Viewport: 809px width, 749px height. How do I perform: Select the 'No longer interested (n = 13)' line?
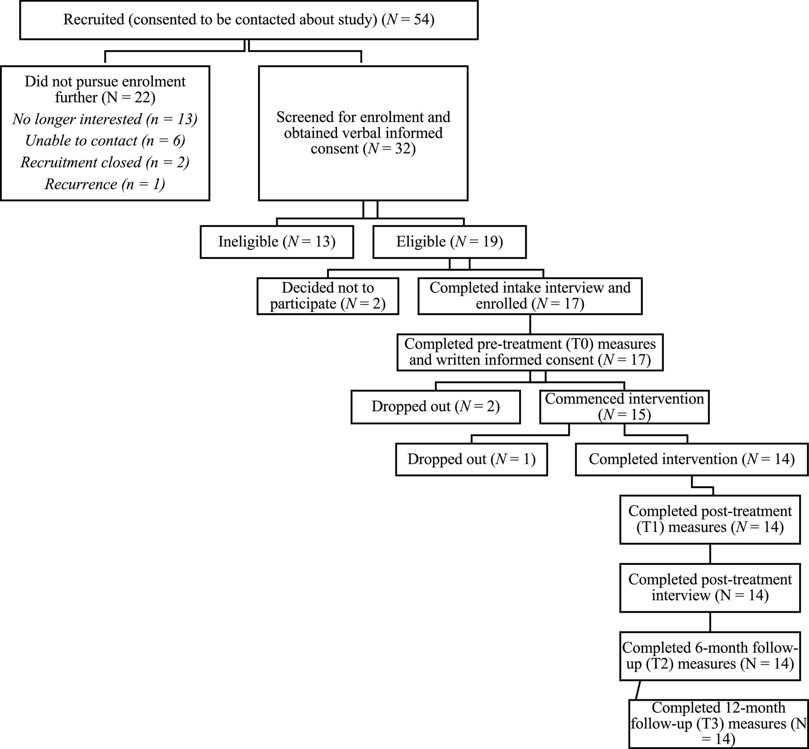tap(105, 119)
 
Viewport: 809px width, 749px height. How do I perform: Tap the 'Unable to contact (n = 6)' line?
tap(105, 141)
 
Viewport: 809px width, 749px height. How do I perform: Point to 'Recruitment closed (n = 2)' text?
tap(105, 162)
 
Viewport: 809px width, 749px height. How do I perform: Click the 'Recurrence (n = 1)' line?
tap(105, 184)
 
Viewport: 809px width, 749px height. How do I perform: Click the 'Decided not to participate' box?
tap(328, 296)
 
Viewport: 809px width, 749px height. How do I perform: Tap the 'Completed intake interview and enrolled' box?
tap(530, 296)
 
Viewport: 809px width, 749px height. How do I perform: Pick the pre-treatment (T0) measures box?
tap(530, 352)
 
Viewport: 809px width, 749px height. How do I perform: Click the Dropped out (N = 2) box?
tap(435, 407)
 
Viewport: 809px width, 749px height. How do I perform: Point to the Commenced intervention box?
tap(624, 407)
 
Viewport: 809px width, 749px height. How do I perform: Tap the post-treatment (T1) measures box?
tap(710, 519)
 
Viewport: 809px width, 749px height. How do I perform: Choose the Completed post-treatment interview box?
tap(710, 587)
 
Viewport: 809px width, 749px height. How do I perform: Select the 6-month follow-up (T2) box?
tap(710, 656)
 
